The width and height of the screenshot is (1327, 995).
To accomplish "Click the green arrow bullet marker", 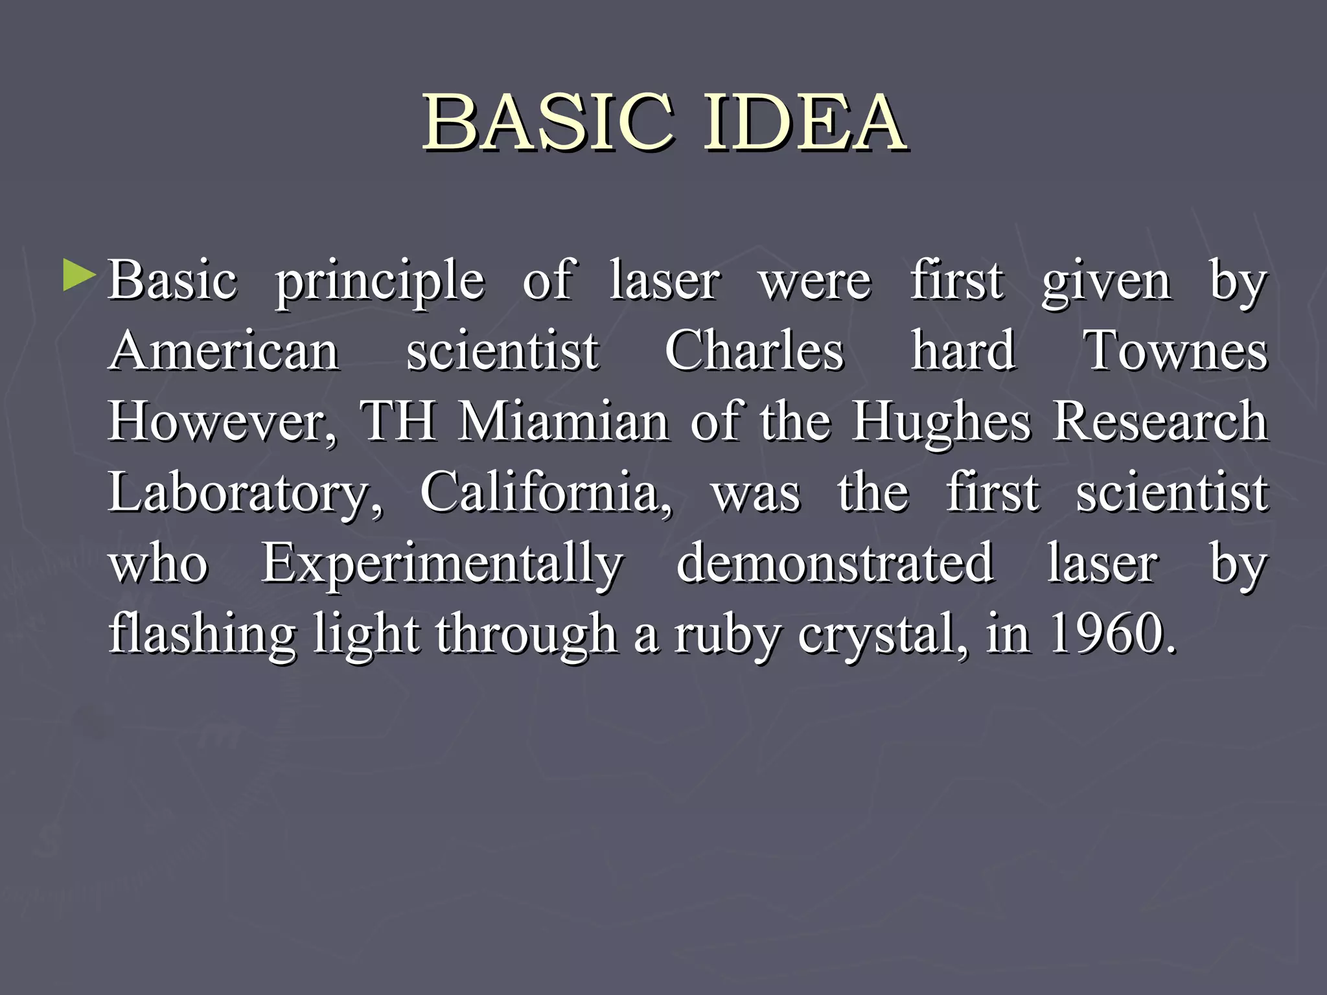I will [79, 275].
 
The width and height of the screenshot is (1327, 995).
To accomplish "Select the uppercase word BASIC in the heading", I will [548, 122].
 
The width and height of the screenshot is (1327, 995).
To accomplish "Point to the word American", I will [224, 350].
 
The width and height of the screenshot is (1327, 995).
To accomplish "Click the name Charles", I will [754, 350].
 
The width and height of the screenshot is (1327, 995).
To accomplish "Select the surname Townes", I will [1175, 350].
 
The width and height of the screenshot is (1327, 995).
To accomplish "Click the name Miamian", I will [563, 422].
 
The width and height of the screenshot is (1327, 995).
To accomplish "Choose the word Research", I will [1160, 422].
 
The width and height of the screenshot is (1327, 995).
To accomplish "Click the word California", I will [546, 492].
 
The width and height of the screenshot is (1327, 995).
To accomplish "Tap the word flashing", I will [202, 635].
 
